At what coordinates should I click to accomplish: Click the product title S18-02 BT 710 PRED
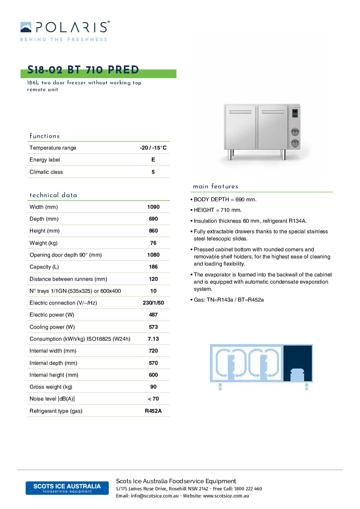(83, 70)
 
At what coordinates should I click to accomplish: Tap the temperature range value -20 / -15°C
(153, 148)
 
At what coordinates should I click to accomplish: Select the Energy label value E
(153, 160)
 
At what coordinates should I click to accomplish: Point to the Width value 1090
(153, 207)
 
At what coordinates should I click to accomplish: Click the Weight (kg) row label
(44, 243)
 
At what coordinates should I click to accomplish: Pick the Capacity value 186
(153, 267)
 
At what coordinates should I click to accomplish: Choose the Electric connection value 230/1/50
(153, 303)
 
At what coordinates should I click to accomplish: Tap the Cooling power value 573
(153, 327)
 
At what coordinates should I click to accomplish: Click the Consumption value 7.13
(153, 339)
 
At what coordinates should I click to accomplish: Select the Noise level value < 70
(153, 399)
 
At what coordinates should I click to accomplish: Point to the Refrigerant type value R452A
(153, 411)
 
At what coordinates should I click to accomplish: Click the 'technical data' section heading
(53, 195)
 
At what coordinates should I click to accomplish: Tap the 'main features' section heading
(215, 186)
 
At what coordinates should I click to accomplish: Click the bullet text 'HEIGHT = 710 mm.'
(217, 210)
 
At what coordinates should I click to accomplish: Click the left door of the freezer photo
(240, 128)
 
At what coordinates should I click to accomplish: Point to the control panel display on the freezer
(295, 113)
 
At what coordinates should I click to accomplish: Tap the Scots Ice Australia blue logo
(67, 488)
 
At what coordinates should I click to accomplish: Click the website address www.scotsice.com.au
(226, 496)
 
